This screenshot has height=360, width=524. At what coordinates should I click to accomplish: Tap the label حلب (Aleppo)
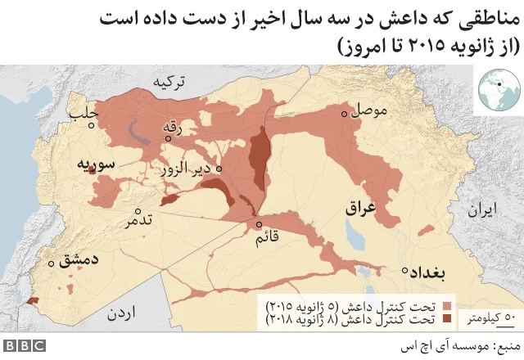85,111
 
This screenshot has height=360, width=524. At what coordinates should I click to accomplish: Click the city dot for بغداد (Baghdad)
404,270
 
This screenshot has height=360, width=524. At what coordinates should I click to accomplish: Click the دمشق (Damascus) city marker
52,263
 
